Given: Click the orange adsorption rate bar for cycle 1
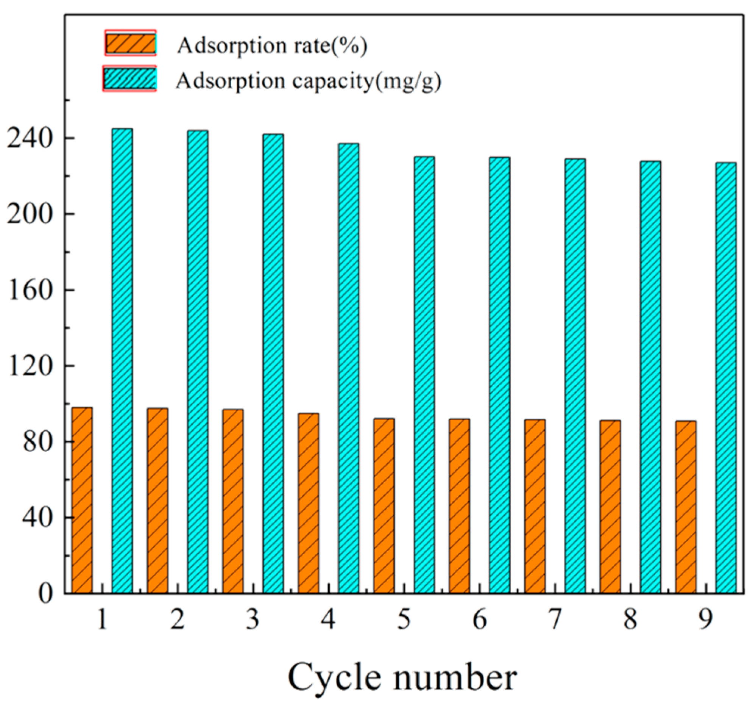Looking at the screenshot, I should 82,501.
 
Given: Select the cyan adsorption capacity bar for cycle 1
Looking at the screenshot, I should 122,360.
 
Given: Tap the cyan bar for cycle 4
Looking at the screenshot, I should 349,368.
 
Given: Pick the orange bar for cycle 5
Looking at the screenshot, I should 384,506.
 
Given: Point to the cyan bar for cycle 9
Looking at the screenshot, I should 726,377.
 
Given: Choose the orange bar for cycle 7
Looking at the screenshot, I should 535,507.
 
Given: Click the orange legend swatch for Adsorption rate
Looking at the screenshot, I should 130,43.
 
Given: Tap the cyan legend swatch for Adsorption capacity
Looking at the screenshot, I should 129,79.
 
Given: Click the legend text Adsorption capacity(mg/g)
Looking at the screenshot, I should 308,81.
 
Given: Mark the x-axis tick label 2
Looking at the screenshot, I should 177,620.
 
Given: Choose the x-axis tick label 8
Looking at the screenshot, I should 630,620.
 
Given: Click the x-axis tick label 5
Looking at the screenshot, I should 404,620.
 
